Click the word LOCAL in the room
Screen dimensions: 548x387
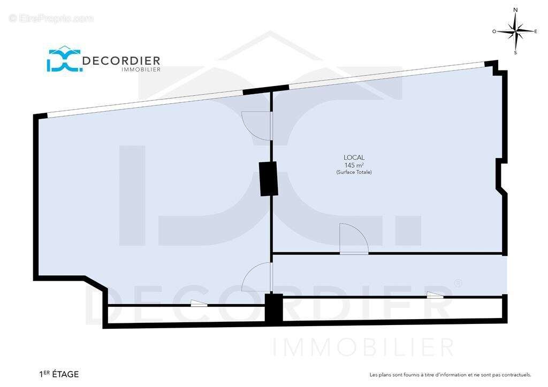pyautogui.click(x=354, y=158)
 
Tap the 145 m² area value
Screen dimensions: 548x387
pyautogui.click(x=354, y=165)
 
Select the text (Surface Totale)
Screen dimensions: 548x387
pyautogui.click(x=354, y=172)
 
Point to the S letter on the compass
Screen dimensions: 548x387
pyautogui.click(x=515, y=53)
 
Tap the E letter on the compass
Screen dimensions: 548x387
pyautogui.click(x=535, y=32)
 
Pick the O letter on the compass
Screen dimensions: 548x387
pyautogui.click(x=494, y=32)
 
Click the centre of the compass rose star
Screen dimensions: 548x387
pyautogui.click(x=516, y=32)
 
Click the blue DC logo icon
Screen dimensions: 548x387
pyautogui.click(x=65, y=59)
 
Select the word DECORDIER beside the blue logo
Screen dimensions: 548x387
pyautogui.click(x=121, y=61)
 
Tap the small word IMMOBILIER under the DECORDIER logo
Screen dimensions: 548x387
pyautogui.click(x=141, y=69)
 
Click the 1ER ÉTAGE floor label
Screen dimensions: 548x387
pyautogui.click(x=59, y=374)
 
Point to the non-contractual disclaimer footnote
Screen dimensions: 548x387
pyautogui.click(x=451, y=375)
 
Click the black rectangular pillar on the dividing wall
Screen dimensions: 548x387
pyautogui.click(x=269, y=179)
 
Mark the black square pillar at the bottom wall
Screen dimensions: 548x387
pyautogui.click(x=273, y=308)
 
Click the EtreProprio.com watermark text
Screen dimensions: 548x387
pyautogui.click(x=51, y=18)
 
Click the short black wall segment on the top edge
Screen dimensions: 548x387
pyautogui.click(x=265, y=90)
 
